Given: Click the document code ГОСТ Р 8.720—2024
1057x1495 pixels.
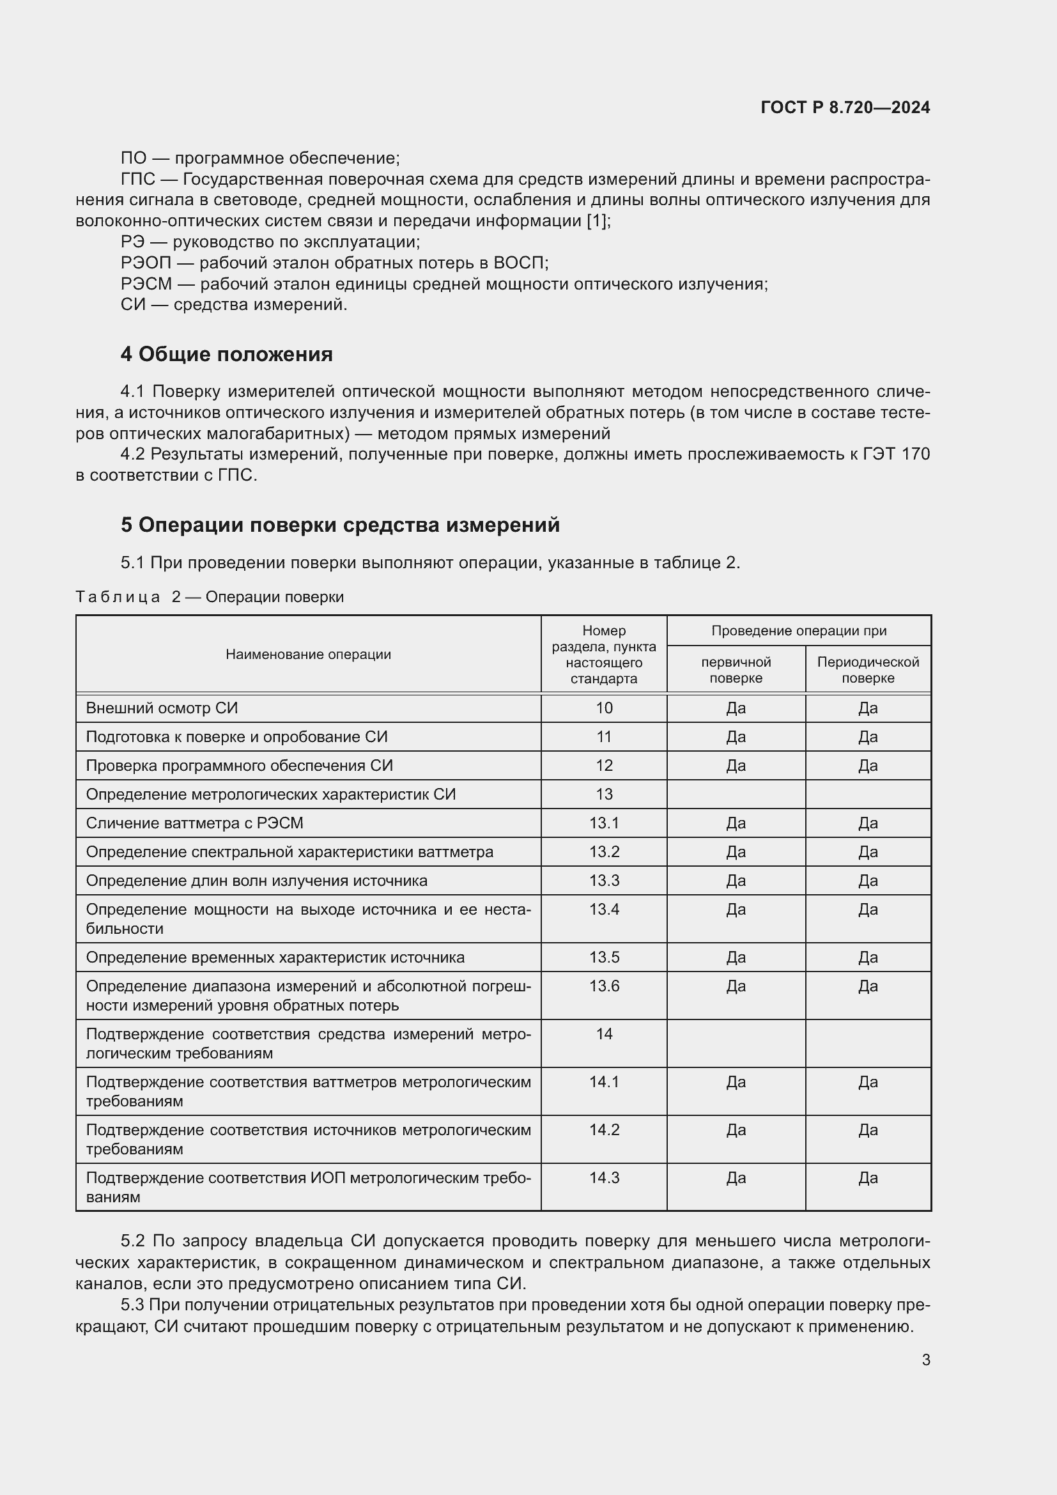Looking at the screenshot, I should [x=845, y=107].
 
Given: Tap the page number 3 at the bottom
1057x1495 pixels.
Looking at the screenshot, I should [x=925, y=1359].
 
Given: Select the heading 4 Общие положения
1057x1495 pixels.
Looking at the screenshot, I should [x=226, y=354].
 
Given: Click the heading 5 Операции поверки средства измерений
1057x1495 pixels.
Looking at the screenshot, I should [x=340, y=525].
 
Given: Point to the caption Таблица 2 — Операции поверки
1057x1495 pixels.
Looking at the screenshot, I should [x=210, y=597].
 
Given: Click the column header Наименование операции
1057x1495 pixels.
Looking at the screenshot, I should [x=308, y=655].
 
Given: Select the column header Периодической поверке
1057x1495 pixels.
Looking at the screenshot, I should [x=868, y=670].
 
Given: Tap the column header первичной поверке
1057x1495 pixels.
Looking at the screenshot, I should [x=736, y=670].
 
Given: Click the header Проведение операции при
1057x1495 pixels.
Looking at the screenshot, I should [x=799, y=630].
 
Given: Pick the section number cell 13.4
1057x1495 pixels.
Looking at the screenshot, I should [x=604, y=910].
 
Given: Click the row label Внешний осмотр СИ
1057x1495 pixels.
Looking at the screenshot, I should [x=162, y=708].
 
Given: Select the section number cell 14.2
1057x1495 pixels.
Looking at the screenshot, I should [x=604, y=1129].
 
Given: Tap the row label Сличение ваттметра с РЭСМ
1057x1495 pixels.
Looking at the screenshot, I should [x=194, y=823].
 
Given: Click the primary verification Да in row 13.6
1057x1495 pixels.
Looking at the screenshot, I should [x=736, y=986].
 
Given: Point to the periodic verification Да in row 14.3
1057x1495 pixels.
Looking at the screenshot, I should [x=868, y=1178].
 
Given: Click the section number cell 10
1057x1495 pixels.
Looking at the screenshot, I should [x=604, y=708].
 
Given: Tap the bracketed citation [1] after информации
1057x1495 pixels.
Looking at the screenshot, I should [x=597, y=221].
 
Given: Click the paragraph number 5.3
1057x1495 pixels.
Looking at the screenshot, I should [x=132, y=1305].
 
